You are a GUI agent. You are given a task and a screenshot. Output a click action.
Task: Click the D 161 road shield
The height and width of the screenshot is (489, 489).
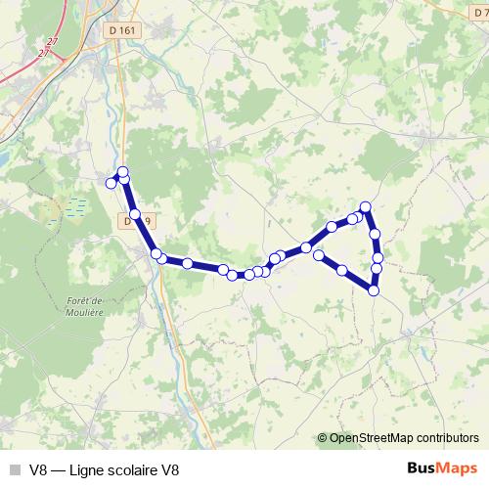[122, 30]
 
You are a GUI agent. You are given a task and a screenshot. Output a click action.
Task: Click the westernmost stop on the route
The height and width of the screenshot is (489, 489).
[111, 182]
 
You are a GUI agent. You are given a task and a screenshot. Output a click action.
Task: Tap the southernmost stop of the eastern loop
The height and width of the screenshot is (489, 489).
[374, 289]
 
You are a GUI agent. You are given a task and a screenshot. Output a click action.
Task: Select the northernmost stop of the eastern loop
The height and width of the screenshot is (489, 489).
[366, 206]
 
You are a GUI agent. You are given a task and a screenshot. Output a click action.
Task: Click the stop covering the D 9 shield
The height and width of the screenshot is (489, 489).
[135, 213]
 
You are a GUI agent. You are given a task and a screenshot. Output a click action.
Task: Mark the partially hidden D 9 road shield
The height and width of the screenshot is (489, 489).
[131, 222]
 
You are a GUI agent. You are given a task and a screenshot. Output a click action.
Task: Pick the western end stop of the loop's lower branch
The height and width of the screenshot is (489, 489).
[318, 254]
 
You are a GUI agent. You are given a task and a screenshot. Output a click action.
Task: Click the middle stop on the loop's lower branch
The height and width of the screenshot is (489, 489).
[342, 270]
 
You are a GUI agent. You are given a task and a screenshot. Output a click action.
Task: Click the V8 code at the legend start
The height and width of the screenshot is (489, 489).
[39, 469]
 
